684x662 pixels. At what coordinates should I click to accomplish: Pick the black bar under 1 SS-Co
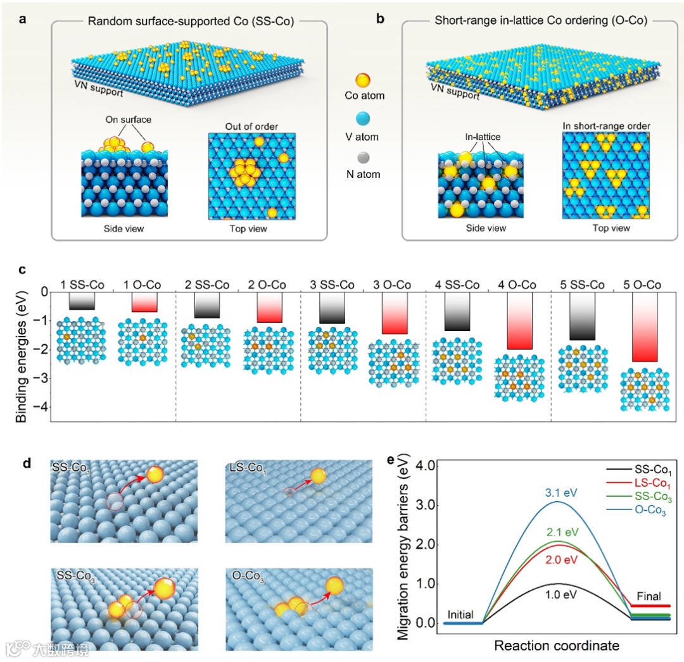82,301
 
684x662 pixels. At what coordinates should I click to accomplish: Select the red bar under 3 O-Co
395,313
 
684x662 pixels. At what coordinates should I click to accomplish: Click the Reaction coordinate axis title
556,646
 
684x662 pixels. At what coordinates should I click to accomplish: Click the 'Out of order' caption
252,126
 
